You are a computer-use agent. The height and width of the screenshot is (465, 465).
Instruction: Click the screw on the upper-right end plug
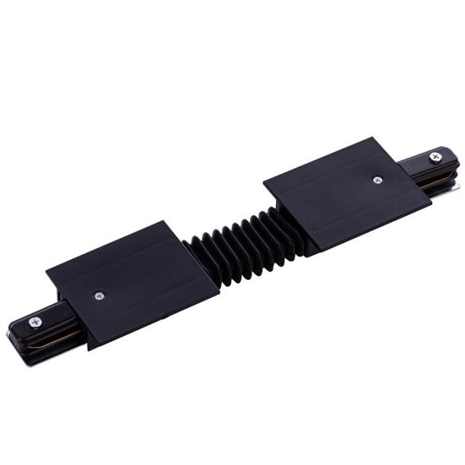(x=435, y=158)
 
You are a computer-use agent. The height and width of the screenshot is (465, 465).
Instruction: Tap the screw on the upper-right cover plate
(x=377, y=180)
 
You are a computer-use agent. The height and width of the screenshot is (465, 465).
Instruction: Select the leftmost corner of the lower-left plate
(x=46, y=270)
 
